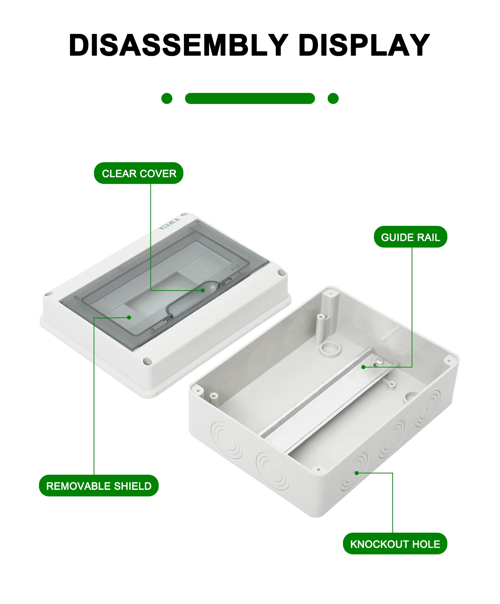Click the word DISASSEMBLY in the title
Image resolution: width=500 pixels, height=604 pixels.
[x=178, y=45]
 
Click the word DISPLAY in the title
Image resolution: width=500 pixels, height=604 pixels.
[x=364, y=45]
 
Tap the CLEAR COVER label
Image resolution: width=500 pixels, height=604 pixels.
[x=139, y=174]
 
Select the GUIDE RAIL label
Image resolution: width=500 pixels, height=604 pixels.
[x=410, y=237]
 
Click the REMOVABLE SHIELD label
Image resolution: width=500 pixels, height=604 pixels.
[x=99, y=486]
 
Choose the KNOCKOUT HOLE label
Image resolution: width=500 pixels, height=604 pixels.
[x=395, y=544]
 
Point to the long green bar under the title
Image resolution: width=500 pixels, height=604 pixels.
[x=250, y=99]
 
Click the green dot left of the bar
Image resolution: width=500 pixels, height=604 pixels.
[x=167, y=99]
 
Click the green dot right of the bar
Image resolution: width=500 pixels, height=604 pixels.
[x=333, y=99]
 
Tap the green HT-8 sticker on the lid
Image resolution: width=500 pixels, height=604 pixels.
[x=169, y=224]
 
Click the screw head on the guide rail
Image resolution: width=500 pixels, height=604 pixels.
[x=379, y=360]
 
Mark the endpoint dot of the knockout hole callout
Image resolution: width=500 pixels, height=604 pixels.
[x=357, y=473]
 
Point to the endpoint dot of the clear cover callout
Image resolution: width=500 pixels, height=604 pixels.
[x=203, y=291]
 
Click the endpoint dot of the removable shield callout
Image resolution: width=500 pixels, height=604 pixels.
[x=129, y=317]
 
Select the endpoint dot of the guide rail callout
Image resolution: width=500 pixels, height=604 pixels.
[x=364, y=367]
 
